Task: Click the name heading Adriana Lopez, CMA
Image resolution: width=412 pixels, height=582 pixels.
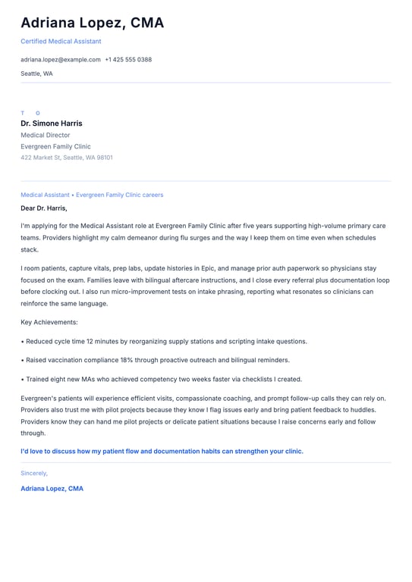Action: tap(92, 23)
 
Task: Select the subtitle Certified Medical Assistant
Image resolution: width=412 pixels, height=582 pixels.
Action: tap(61, 41)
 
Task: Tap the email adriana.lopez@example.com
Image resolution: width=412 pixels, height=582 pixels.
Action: tap(61, 59)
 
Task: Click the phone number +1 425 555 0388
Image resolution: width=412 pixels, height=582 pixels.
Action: tap(128, 59)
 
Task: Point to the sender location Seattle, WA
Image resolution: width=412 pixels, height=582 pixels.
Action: tap(36, 74)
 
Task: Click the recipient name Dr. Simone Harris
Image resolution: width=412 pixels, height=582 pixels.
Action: tap(52, 124)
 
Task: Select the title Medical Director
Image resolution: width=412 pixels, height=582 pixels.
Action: tap(46, 135)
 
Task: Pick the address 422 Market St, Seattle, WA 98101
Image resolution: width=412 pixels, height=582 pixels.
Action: tap(67, 158)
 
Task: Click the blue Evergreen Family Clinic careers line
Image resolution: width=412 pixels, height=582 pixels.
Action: tap(92, 195)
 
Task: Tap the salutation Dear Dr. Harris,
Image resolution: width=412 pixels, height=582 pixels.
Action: tap(44, 208)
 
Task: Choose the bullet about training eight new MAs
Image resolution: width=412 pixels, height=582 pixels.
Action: tap(162, 379)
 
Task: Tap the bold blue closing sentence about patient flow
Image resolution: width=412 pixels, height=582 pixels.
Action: tap(162, 451)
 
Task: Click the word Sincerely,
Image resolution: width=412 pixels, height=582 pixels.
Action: tap(34, 473)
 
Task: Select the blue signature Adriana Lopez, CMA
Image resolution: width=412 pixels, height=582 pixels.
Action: tap(52, 489)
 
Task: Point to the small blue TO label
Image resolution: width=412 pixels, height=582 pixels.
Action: tap(30, 113)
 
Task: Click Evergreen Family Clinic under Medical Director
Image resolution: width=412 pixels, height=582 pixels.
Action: tap(55, 146)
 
